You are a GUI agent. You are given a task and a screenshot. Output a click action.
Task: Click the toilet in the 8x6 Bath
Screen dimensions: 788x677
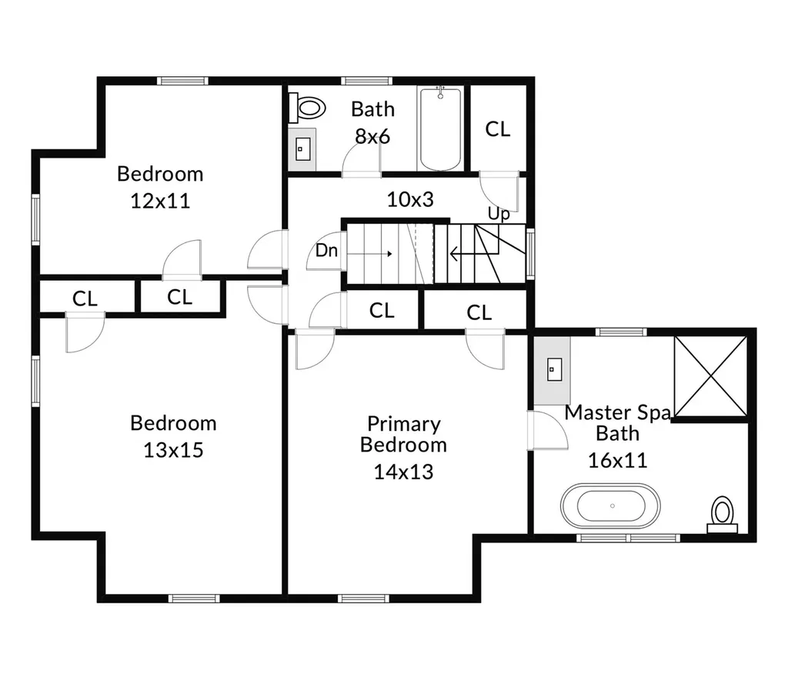pyautogui.click(x=307, y=108)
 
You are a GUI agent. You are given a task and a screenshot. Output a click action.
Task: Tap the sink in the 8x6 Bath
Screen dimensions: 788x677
pyautogui.click(x=302, y=149)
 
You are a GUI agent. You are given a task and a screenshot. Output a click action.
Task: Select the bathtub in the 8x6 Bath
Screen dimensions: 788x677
pyautogui.click(x=441, y=129)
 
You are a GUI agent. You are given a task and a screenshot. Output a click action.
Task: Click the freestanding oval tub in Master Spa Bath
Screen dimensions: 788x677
pyautogui.click(x=610, y=505)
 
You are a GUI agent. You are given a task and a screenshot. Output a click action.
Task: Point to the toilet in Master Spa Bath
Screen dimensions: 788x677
pyautogui.click(x=723, y=515)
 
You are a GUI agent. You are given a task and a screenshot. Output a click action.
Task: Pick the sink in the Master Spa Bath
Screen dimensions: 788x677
pyautogui.click(x=554, y=369)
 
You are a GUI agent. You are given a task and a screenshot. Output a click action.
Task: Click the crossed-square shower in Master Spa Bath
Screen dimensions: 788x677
pyautogui.click(x=710, y=377)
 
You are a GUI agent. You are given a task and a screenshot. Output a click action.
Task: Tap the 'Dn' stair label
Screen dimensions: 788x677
pyautogui.click(x=326, y=250)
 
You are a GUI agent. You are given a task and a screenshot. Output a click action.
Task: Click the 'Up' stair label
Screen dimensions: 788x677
pyautogui.click(x=499, y=215)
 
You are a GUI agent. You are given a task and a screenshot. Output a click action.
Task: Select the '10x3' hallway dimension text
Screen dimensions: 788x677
pyautogui.click(x=410, y=199)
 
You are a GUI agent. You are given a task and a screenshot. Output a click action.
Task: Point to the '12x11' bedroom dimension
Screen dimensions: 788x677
pyautogui.click(x=160, y=201)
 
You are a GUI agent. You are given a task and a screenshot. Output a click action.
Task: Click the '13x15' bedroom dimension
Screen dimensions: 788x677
pyautogui.click(x=173, y=450)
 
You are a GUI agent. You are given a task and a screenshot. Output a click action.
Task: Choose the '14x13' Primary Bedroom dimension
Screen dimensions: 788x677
pyautogui.click(x=403, y=472)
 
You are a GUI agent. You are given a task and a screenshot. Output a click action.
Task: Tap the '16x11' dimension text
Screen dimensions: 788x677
pyautogui.click(x=618, y=460)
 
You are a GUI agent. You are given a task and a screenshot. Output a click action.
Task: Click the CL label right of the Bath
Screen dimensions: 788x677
pyautogui.click(x=498, y=129)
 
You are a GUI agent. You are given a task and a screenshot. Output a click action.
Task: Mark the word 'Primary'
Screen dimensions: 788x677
pyautogui.click(x=404, y=425)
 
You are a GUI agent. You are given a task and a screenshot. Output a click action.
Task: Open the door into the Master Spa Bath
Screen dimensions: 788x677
pyautogui.click(x=548, y=430)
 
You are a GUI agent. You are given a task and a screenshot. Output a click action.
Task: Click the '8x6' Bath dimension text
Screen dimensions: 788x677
pyautogui.click(x=372, y=136)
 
